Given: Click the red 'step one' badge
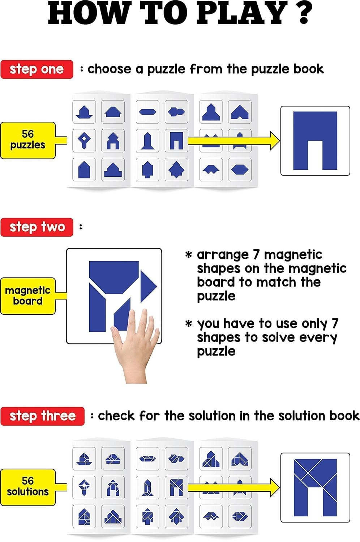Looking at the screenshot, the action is (37, 69).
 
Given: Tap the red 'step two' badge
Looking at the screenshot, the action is (37, 227).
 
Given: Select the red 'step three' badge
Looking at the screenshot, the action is (42, 416).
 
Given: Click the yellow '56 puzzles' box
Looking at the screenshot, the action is (28, 140).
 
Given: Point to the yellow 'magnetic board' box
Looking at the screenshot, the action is (28, 296).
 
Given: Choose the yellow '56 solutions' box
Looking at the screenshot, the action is (28, 487).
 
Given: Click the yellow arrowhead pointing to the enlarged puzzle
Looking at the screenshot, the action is (275, 141).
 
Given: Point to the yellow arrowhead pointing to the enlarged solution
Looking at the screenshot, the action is (275, 487).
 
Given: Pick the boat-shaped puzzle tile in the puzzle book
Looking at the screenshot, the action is (84, 112).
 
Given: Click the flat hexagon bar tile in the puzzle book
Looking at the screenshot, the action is (147, 112).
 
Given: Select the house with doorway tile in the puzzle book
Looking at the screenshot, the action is (113, 141).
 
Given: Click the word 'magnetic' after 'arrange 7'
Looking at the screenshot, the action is (293, 255).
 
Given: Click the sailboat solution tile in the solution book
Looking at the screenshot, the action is (84, 459).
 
